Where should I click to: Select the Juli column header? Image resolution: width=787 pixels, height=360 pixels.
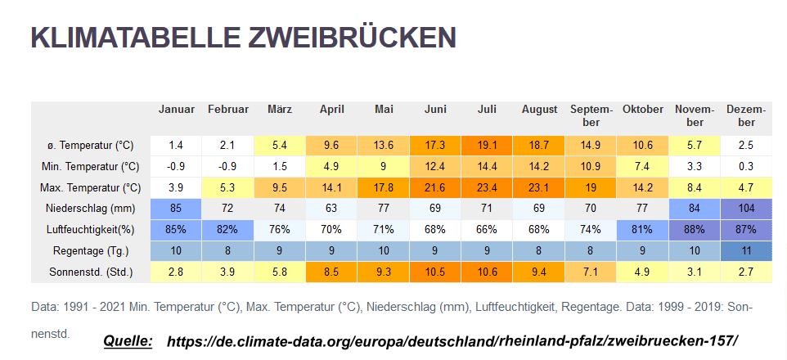pos(487,109)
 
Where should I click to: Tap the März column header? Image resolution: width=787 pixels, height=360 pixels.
pos(280,109)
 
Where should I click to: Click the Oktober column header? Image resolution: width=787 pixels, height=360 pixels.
pos(643,109)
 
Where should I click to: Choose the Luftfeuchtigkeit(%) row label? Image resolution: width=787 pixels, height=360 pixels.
pos(91,229)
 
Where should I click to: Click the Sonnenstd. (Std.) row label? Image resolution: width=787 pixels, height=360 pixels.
pos(92,272)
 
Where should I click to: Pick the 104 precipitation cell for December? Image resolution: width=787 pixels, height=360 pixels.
pos(746,209)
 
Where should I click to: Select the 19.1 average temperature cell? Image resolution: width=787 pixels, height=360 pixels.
pos(487,146)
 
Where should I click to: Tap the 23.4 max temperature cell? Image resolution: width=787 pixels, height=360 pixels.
pos(487,188)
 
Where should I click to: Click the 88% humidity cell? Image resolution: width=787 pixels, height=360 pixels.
pos(695,229)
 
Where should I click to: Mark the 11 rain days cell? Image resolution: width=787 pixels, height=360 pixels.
pos(746,250)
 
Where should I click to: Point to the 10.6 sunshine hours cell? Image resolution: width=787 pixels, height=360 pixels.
pos(487,272)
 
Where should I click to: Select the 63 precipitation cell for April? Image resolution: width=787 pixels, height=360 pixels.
pos(331,209)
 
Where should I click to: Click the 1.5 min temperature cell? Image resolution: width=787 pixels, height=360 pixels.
pos(280,167)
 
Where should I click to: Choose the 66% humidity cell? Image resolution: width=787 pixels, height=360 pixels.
pos(487,229)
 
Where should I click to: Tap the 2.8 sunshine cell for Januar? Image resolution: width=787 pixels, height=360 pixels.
pos(176,272)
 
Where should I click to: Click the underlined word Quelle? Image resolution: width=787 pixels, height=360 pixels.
pos(128,341)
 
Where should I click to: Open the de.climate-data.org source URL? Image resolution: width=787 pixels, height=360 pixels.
pos(452,341)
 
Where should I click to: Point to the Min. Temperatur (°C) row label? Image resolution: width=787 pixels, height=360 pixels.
pos(89,167)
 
